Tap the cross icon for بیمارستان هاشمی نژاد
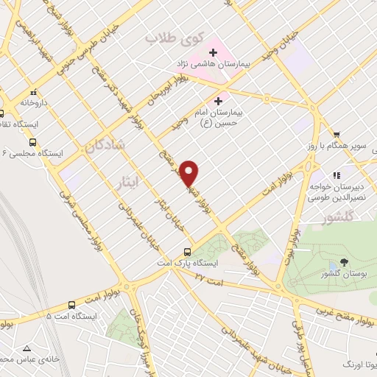(x=214, y=53)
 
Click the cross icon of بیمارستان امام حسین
(x=218, y=101)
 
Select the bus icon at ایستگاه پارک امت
(x=189, y=251)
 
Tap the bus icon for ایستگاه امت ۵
(x=71, y=305)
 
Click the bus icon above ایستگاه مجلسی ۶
(x=32, y=142)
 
